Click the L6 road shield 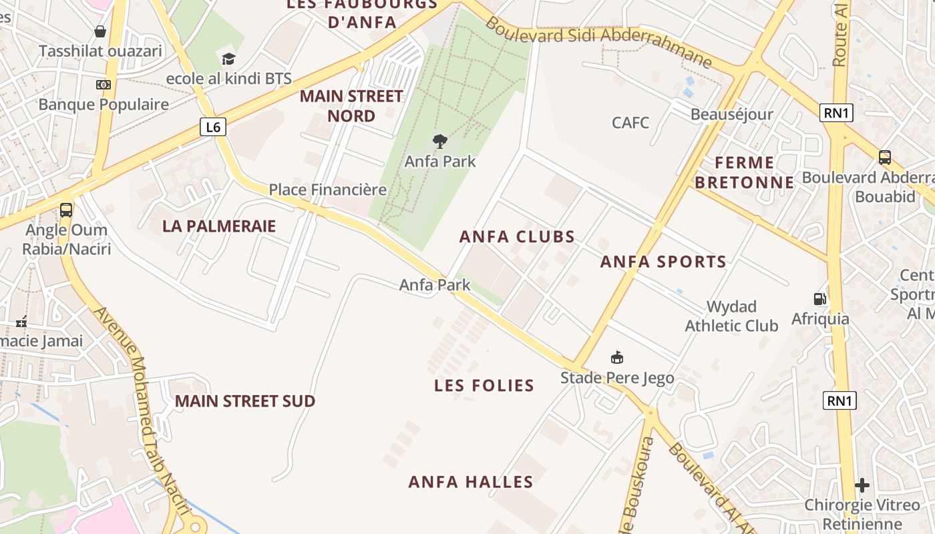point(212,127)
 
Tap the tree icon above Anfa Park point(439,141)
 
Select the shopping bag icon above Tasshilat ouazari point(100,31)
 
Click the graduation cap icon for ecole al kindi point(229,59)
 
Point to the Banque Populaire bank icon point(103,85)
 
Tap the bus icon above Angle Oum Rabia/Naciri point(66,210)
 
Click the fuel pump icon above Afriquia point(819,298)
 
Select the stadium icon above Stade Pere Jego point(617,358)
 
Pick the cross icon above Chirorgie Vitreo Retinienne point(862,485)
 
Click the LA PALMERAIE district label point(219,226)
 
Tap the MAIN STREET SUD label point(245,401)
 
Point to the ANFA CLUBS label point(517,237)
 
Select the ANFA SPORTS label point(663,262)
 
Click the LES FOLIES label point(484,385)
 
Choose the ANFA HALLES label point(471,482)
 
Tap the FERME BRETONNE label point(745,172)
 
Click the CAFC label point(630,123)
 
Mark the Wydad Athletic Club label point(731,316)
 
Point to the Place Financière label point(327,190)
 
